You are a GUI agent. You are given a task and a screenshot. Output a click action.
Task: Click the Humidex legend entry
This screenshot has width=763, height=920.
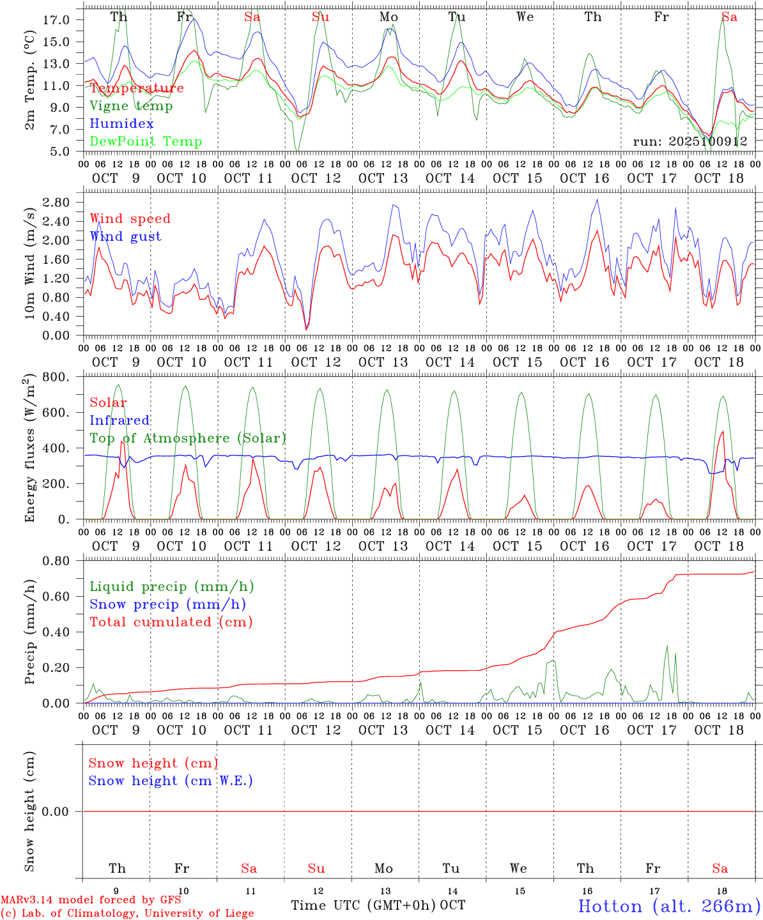pos(121,124)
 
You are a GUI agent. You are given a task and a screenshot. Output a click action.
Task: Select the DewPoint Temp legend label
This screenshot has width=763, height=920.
pos(146,142)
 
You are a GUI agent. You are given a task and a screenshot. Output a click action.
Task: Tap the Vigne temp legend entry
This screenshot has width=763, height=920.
pos(131,106)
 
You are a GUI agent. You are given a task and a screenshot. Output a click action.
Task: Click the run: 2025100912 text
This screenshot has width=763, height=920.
pos(690,142)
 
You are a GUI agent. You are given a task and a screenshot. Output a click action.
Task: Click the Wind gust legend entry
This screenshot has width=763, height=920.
pos(125,236)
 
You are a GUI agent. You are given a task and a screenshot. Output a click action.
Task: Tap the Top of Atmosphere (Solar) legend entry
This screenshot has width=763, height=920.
pos(187,438)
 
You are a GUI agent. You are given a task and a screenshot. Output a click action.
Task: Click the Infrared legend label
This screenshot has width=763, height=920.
pos(119,420)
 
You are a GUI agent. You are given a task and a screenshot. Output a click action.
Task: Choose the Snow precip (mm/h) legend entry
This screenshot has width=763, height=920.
pos(167,604)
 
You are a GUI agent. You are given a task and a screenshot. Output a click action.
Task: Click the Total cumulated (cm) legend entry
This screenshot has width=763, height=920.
pos(171,622)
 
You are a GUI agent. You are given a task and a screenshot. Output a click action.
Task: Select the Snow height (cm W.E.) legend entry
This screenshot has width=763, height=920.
pos(170,781)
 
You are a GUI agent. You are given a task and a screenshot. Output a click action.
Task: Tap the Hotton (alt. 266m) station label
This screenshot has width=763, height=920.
pos(668,906)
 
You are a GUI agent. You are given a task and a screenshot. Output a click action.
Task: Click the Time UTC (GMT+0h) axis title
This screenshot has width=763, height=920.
pos(364,905)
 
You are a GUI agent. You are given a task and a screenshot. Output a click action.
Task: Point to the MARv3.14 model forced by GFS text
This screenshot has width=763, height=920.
pos(91,900)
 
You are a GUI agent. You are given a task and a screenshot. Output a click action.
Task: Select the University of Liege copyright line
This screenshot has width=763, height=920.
pos(127,914)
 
